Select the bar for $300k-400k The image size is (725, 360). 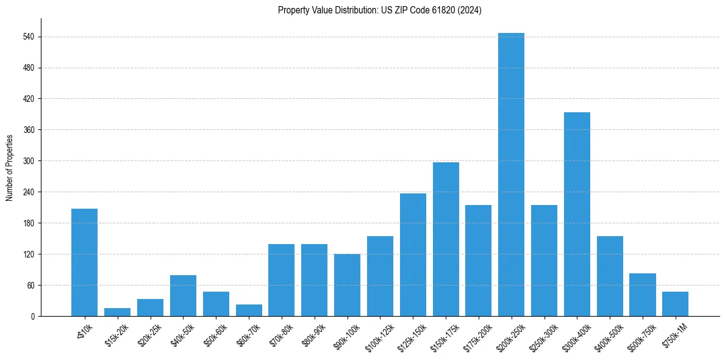[577, 214]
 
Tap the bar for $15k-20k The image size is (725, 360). [117, 312]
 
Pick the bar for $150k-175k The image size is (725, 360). [446, 239]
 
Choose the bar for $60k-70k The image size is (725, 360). [249, 310]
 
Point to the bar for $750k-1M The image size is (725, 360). [675, 304]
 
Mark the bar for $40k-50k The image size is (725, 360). [183, 295]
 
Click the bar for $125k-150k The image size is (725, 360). [413, 254]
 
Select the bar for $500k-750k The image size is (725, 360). [642, 295]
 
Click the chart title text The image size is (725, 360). [380, 10]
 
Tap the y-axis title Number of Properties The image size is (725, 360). [10, 167]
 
